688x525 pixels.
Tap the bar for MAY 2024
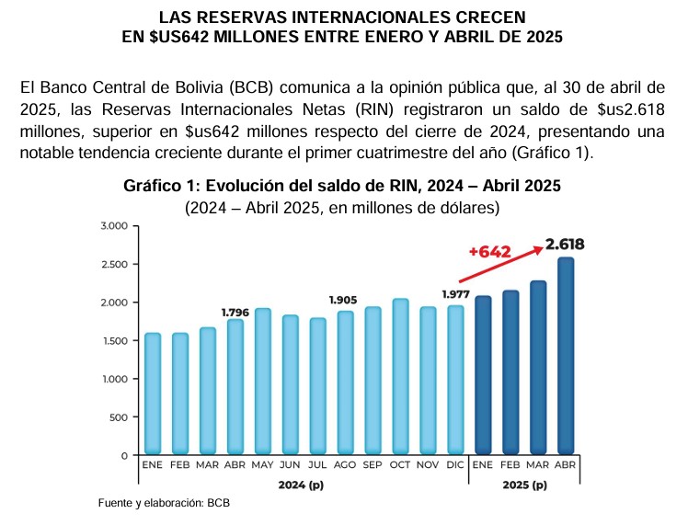(262, 382)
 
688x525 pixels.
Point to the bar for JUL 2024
(317, 386)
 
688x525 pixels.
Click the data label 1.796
(235, 312)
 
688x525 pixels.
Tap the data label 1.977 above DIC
(456, 294)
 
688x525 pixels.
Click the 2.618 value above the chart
(565, 245)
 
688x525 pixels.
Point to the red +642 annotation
(489, 252)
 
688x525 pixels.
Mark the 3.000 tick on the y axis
(113, 226)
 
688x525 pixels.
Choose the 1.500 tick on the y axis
(113, 341)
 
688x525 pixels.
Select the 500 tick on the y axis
(119, 417)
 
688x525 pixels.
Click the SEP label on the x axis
(373, 466)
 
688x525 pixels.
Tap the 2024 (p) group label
(303, 484)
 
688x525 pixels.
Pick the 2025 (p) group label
(524, 484)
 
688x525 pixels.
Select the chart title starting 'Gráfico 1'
(342, 186)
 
